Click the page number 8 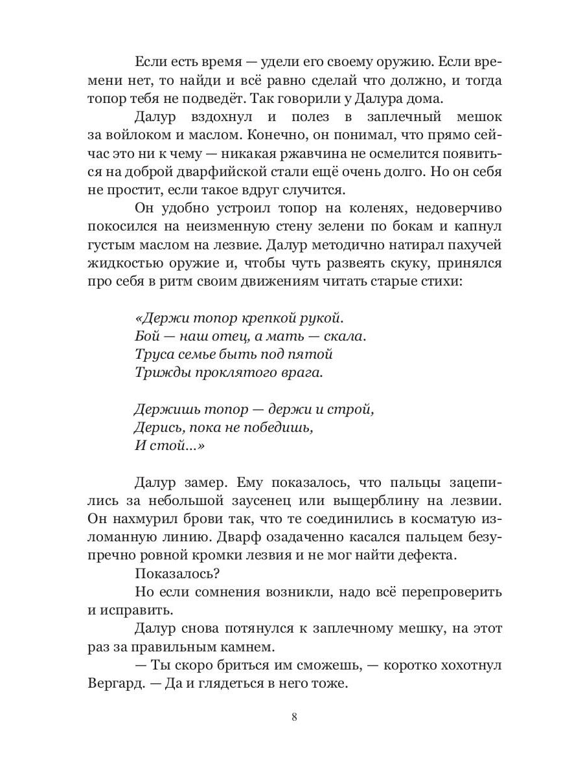(x=295, y=717)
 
